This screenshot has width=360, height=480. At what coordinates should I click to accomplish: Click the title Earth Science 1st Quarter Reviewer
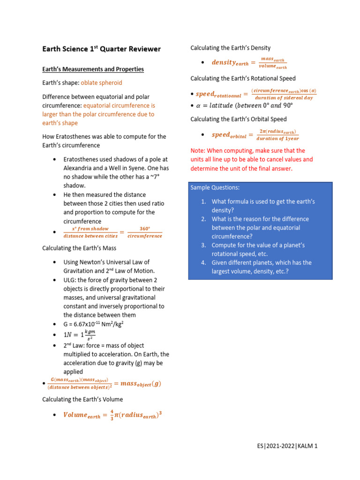(101, 49)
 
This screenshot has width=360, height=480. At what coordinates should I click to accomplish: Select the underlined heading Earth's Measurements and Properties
(93, 69)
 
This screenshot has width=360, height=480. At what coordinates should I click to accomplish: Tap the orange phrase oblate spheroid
(101, 83)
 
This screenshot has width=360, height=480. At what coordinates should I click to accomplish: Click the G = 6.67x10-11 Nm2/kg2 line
(93, 324)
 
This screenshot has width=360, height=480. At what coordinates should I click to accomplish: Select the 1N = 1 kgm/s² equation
(79, 335)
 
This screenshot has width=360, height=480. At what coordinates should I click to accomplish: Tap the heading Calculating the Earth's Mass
(79, 248)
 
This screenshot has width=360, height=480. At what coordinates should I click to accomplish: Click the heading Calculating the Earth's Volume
(82, 399)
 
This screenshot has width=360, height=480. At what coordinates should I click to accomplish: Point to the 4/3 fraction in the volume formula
(112, 415)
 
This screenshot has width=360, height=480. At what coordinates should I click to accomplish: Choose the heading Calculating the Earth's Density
(230, 48)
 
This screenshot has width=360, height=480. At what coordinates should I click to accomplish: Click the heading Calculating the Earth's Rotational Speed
(243, 78)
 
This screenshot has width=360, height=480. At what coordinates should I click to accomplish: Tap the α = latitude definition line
(252, 105)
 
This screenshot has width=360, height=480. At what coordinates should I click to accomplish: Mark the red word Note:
(198, 151)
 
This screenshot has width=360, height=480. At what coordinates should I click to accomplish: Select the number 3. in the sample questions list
(203, 245)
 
